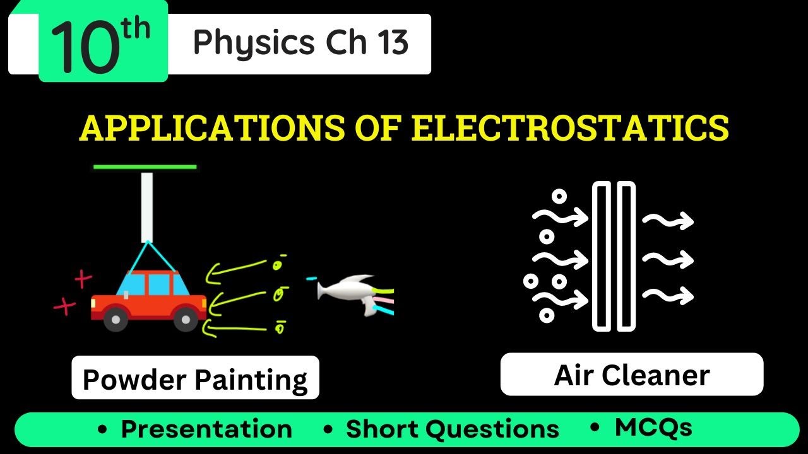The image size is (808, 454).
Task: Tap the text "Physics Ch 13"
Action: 300,43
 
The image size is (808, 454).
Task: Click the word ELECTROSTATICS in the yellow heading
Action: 570,128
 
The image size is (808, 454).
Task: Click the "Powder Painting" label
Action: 195,380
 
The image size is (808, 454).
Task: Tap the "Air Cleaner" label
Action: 632,375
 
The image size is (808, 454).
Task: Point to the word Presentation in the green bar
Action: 206,429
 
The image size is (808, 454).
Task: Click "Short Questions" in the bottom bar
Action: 452,429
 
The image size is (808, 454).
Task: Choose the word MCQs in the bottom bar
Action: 653,428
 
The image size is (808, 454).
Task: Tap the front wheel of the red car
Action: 185,320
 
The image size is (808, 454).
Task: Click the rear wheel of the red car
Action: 116,320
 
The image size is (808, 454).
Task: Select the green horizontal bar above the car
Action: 145,167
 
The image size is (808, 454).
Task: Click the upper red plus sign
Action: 83,278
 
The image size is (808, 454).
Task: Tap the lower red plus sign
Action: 64,306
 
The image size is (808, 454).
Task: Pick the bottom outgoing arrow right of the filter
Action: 668,294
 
